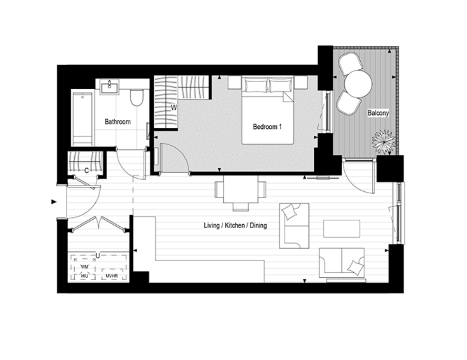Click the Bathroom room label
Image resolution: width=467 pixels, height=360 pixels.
point(117,122)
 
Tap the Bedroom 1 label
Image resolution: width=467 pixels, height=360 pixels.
point(267,127)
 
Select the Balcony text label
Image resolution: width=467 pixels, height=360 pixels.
point(378,113)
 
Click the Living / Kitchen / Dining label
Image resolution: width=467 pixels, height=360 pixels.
point(235,225)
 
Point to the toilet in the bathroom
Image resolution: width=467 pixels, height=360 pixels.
point(136,96)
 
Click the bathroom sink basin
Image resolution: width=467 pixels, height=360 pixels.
point(109,88)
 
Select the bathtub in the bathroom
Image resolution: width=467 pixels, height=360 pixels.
point(83,118)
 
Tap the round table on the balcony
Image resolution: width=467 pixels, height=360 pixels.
point(358,84)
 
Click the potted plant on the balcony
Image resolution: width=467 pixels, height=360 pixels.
point(384,141)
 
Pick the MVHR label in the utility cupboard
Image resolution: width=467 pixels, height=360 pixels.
point(112,276)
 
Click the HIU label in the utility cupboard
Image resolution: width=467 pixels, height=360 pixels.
point(84,276)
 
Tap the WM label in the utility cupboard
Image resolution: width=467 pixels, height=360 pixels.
point(84,267)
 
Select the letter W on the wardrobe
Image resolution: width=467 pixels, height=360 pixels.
point(174,108)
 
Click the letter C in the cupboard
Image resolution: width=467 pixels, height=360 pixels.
point(87,170)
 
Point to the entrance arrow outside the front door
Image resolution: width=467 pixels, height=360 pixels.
point(54,202)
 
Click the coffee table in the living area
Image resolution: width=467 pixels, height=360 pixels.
point(342,229)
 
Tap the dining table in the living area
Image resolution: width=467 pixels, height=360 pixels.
point(240,189)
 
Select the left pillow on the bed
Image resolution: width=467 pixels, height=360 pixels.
point(255,85)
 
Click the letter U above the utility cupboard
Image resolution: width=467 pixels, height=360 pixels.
point(97,255)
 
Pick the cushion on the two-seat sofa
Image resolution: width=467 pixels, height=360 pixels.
point(356,267)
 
